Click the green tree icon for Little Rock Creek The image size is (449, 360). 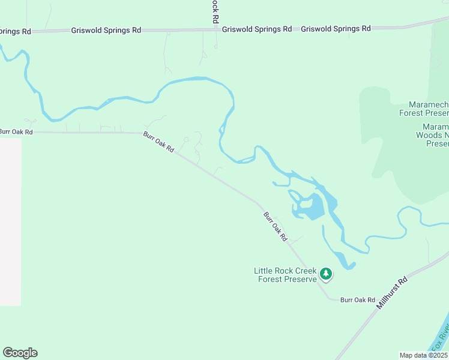click(x=326, y=274)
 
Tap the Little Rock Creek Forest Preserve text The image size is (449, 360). click(x=285, y=275)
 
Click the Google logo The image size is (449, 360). click(x=20, y=353)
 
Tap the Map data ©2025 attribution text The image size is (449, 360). click(x=423, y=355)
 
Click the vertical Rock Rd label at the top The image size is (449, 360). click(x=214, y=11)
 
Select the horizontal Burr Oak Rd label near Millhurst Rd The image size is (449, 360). click(x=357, y=299)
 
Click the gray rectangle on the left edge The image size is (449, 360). click(x=10, y=222)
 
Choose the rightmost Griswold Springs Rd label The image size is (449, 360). click(x=336, y=28)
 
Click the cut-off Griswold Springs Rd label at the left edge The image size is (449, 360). click(x=15, y=31)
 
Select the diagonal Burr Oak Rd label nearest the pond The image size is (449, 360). click(x=276, y=226)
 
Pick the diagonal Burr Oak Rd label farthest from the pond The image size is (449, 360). click(x=158, y=142)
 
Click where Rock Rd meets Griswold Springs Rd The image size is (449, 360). click(x=215, y=29)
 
